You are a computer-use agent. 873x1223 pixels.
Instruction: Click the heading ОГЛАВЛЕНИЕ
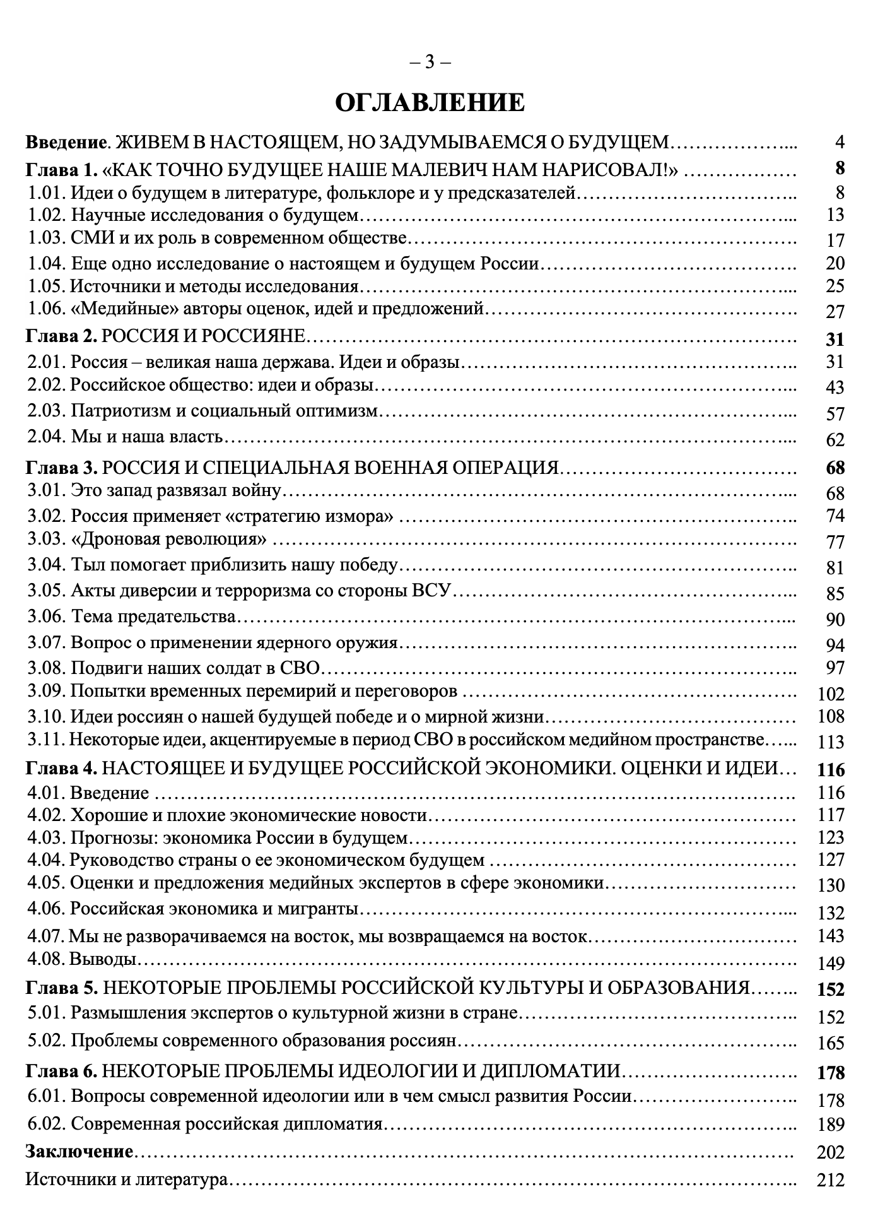[x=429, y=102]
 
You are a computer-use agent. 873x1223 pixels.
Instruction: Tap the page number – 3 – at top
[x=430, y=62]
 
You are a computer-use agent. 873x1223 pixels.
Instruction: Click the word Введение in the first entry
[x=64, y=142]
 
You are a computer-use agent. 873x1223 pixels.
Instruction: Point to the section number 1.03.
[x=47, y=239]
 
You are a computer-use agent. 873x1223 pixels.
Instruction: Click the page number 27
[x=834, y=312]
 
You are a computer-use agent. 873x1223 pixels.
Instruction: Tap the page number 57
[x=834, y=414]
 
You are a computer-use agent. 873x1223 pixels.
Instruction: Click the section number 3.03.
[x=47, y=540]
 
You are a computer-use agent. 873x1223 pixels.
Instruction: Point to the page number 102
[x=830, y=694]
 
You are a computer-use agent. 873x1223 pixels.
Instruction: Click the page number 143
[x=830, y=936]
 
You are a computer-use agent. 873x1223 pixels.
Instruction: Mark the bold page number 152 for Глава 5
[x=829, y=989]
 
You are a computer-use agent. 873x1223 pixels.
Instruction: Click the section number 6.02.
[x=47, y=1124]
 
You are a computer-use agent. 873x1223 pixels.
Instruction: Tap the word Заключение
[x=79, y=1152]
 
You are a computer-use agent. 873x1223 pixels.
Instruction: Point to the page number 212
[x=830, y=1179]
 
